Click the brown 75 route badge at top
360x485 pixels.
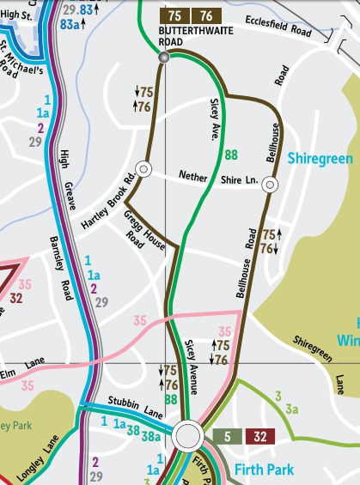coord(174,15)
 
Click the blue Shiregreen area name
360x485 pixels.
coord(319,158)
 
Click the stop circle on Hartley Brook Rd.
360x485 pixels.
coord(143,169)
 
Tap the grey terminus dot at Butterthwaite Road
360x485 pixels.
coord(164,57)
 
